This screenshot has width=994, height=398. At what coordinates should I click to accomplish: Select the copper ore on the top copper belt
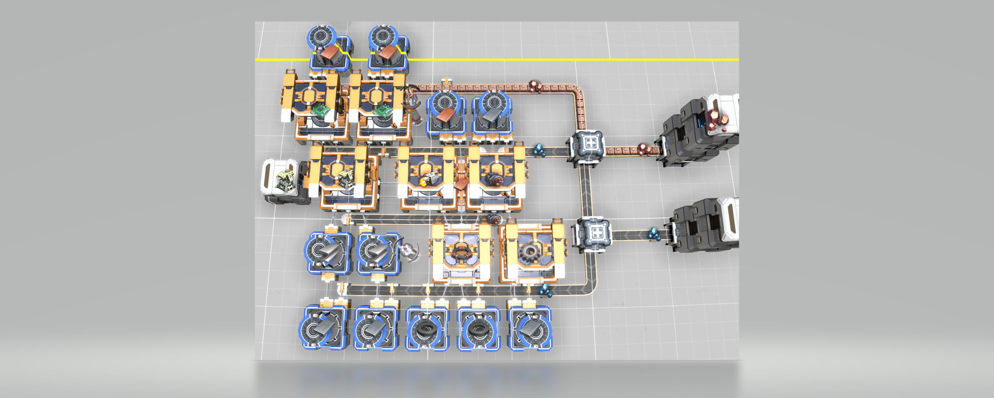(x=535, y=86)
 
